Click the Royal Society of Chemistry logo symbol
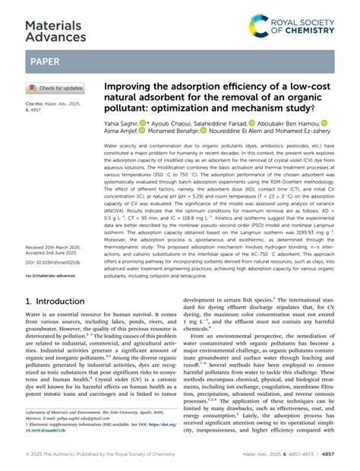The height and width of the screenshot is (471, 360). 259,24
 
